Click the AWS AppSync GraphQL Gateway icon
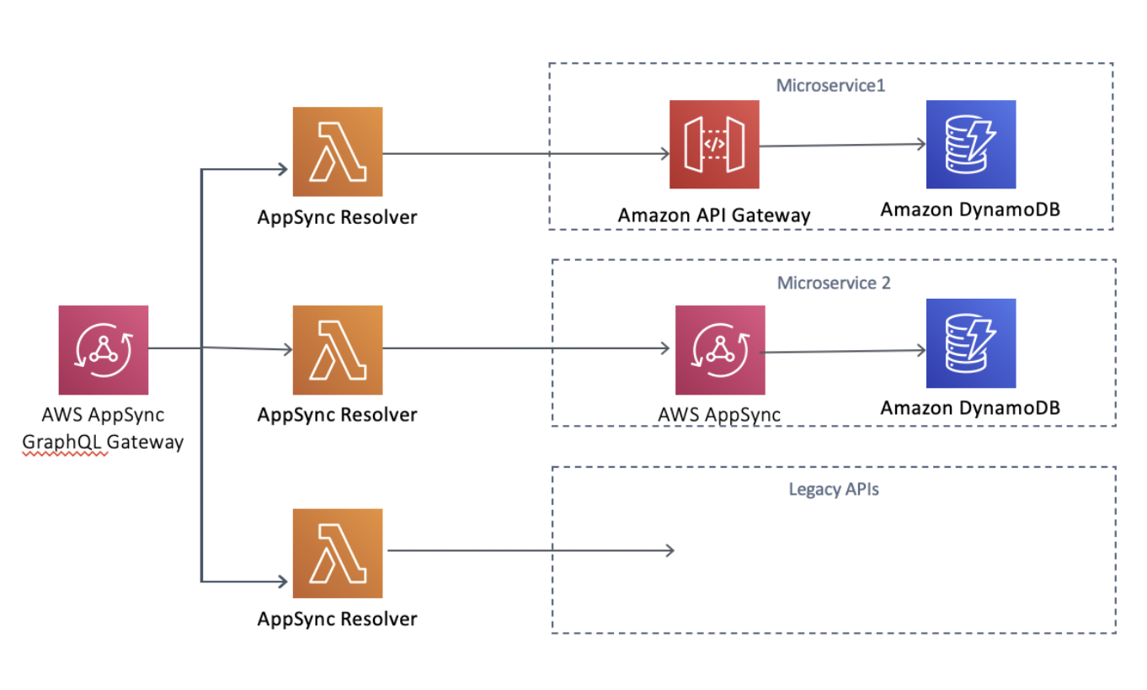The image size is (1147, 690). tap(104, 349)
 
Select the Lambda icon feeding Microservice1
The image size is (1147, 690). tap(337, 151)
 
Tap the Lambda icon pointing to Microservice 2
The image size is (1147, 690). tap(337, 350)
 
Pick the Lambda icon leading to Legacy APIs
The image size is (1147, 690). tap(337, 553)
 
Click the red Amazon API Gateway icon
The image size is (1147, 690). tap(714, 145)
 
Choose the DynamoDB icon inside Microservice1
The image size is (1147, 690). tap(970, 145)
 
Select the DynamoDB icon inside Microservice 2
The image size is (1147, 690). tap(970, 343)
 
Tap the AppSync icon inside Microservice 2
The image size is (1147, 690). tap(720, 350)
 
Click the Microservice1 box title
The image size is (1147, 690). tap(830, 86)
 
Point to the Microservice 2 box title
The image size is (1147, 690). tap(834, 283)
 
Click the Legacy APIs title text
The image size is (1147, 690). tap(834, 489)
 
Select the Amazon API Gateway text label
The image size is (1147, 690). tap(714, 215)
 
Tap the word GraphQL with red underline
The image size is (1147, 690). tap(65, 442)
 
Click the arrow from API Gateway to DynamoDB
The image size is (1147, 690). tap(842, 145)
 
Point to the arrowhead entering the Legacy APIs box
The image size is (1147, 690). tap(670, 550)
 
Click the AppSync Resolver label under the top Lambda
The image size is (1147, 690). tap(337, 217)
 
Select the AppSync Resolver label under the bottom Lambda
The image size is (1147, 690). tap(337, 618)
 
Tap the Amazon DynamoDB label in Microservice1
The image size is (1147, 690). tap(970, 210)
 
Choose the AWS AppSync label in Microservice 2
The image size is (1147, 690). tap(720, 414)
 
